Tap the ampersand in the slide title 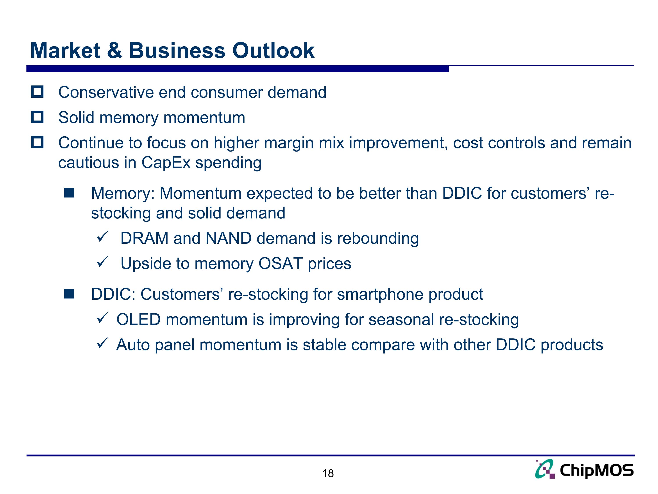114,51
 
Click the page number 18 328,473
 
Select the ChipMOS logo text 596,471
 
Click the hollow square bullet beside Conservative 37,92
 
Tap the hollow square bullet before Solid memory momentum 37,117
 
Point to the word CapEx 166,163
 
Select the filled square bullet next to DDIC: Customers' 69,294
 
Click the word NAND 229,238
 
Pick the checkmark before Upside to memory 103,262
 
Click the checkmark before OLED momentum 103,318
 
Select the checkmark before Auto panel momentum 103,344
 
